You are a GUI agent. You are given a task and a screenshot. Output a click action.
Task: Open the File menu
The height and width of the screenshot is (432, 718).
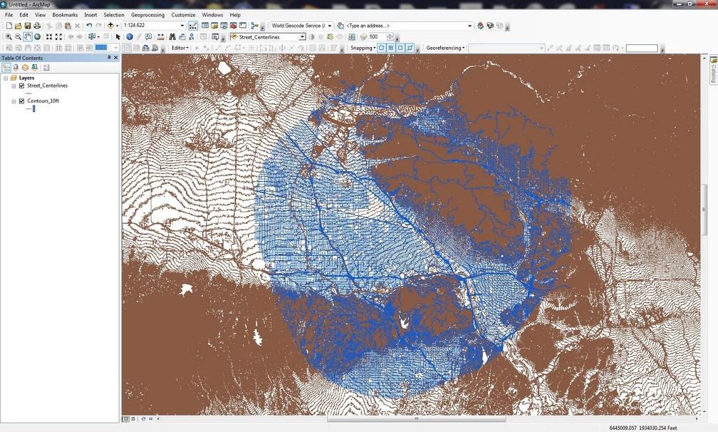tap(9, 14)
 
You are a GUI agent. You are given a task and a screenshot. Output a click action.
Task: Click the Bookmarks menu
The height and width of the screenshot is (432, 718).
tap(65, 14)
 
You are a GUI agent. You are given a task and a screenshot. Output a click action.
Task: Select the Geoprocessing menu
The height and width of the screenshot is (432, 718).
tap(147, 14)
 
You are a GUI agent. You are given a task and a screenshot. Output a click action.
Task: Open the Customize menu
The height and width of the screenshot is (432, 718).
tap(183, 14)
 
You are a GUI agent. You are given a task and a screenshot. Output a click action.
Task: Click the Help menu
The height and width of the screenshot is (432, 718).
tap(235, 14)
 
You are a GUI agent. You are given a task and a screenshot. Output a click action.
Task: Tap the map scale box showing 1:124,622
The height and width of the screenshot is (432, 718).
tap(151, 26)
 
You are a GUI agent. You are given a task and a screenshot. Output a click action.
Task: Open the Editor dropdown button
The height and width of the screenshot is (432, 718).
tap(179, 48)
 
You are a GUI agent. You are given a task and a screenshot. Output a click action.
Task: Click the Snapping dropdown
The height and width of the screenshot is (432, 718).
tap(363, 48)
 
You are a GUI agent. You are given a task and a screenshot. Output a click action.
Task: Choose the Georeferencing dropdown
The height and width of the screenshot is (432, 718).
tap(445, 48)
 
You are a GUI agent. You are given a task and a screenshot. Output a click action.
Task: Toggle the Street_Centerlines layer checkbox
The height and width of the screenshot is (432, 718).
tap(21, 86)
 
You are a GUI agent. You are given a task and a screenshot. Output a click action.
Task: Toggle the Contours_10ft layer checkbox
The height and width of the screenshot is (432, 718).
tap(21, 101)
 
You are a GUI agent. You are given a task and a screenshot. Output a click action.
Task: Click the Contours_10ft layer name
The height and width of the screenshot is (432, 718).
tap(43, 101)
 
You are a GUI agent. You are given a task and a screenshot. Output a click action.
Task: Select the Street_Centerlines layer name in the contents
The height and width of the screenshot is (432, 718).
tap(47, 86)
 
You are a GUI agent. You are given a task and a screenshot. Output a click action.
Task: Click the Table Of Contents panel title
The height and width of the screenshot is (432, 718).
tap(22, 58)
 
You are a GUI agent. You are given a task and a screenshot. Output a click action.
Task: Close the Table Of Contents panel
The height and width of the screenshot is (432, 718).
tap(115, 58)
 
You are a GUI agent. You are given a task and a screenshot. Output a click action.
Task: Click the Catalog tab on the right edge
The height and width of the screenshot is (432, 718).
tap(713, 71)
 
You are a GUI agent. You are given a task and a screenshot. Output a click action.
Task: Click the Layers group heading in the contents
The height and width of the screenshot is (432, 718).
tap(26, 78)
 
